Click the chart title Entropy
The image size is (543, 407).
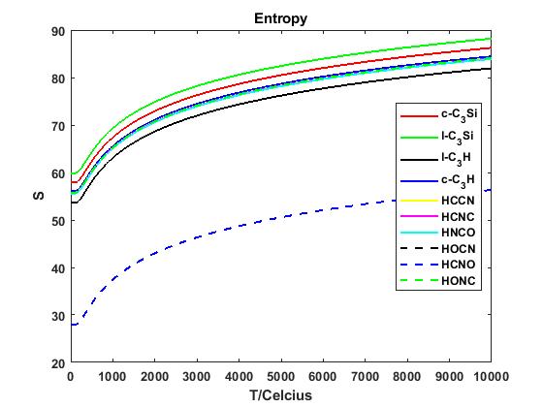coord(280,18)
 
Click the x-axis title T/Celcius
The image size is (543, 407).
coord(280,395)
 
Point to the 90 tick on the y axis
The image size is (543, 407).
coord(57,31)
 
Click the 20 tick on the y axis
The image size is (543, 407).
coord(57,363)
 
